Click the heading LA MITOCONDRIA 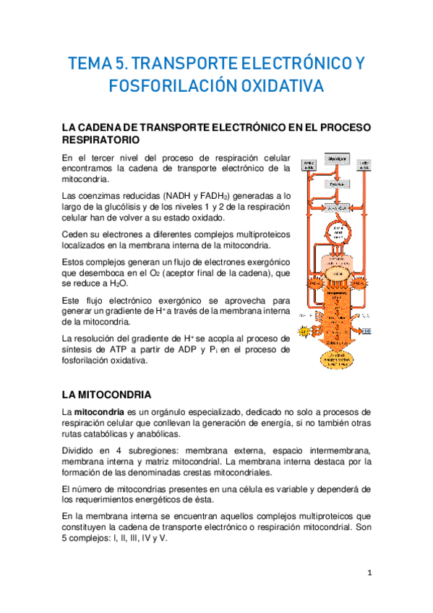click(107, 395)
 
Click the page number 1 click(369, 573)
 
